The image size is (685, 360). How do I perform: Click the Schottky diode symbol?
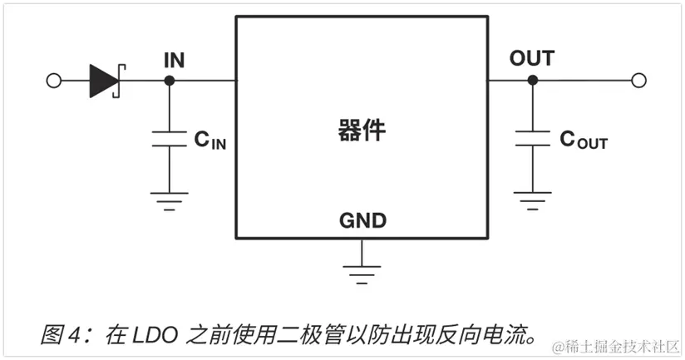pyautogui.click(x=106, y=80)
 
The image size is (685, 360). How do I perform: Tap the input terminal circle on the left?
pyautogui.click(x=54, y=81)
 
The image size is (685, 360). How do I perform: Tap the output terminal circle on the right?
pyautogui.click(x=638, y=80)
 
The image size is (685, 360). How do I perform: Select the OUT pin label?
pyautogui.click(x=531, y=58)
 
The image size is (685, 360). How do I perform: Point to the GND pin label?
pyautogui.click(x=362, y=221)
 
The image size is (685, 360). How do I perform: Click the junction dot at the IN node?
pyautogui.click(x=170, y=81)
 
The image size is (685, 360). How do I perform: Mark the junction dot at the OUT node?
pyautogui.click(x=532, y=80)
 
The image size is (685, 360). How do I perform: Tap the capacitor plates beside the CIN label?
pyautogui.click(x=170, y=138)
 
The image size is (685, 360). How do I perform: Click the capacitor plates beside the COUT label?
pyautogui.click(x=532, y=138)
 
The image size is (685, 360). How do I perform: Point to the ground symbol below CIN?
pyautogui.click(x=170, y=200)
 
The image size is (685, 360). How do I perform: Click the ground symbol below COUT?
pyautogui.click(x=532, y=200)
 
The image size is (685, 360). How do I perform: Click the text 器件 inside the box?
pyautogui.click(x=362, y=131)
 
